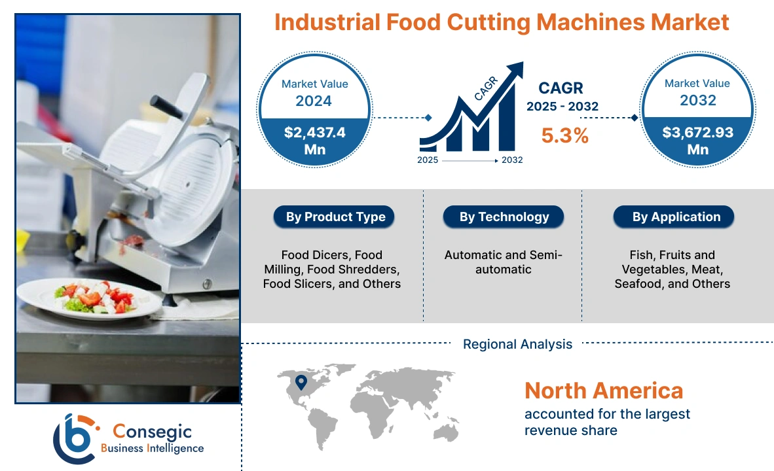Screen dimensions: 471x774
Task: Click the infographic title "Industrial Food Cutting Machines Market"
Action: point(501,22)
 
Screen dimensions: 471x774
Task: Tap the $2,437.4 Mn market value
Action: point(315,141)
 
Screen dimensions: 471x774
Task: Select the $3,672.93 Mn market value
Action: point(697,141)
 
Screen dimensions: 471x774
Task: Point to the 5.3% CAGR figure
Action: point(564,135)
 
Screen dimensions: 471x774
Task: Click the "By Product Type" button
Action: point(335,217)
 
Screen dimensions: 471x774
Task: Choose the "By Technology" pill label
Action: point(504,217)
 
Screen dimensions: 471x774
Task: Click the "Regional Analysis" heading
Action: point(517,344)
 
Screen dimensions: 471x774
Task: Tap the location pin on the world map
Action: point(301,381)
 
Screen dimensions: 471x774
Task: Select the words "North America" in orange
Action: point(603,391)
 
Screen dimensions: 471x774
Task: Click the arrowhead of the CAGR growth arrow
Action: point(516,69)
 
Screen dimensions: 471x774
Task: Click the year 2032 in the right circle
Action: point(697,101)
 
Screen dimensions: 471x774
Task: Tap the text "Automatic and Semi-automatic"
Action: point(503,262)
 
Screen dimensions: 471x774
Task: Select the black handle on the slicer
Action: point(167,107)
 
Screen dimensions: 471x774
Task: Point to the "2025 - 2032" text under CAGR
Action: point(562,106)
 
